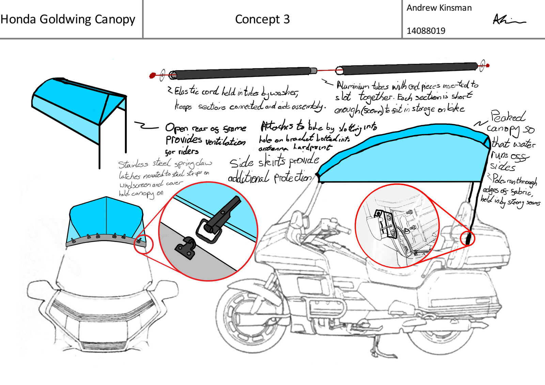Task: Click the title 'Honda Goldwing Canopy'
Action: [x=68, y=19]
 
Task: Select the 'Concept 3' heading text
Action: [x=262, y=19]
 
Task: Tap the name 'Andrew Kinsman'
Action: [x=439, y=8]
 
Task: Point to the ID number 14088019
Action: [x=426, y=31]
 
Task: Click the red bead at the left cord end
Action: [x=153, y=75]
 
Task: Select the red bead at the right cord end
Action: [x=488, y=65]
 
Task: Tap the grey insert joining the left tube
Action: [x=313, y=71]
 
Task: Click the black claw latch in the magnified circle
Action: [x=218, y=218]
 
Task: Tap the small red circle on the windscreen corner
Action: [x=143, y=244]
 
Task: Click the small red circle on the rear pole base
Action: [x=468, y=238]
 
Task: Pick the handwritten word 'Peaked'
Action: [x=508, y=116]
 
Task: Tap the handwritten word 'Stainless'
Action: [x=133, y=164]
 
